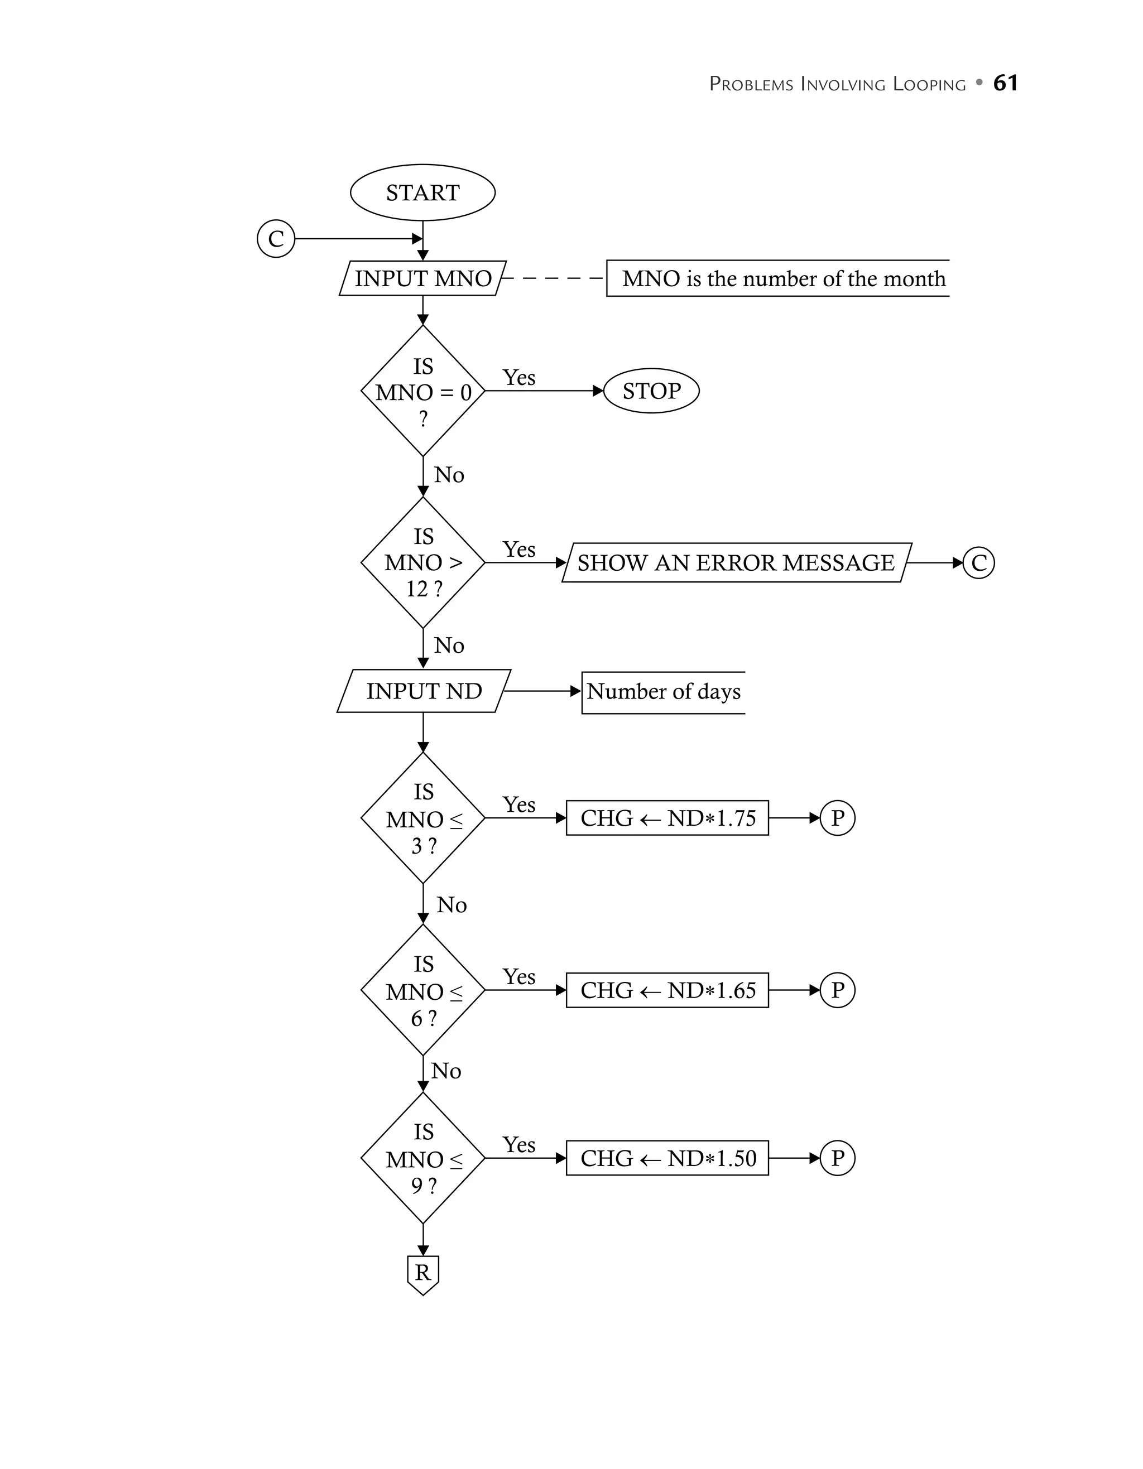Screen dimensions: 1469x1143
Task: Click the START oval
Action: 422,192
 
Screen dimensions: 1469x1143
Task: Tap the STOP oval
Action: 651,391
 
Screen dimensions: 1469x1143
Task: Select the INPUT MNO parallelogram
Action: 422,278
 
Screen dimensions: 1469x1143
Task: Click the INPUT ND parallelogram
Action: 424,691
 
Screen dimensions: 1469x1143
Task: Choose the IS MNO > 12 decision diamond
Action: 422,562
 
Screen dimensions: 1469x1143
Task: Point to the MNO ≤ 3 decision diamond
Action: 422,818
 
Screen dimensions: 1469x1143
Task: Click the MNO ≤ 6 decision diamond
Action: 422,990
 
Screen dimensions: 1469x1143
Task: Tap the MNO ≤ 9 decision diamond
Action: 422,1158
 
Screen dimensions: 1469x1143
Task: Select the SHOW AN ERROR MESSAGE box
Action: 736,562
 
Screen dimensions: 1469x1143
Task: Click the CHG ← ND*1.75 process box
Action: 667,818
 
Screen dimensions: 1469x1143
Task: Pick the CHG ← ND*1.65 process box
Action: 667,990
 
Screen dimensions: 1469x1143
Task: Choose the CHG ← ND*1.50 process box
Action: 667,1158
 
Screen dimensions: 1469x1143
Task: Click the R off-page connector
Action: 422,1273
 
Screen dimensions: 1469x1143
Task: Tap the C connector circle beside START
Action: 276,239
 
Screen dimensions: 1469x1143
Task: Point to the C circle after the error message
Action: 978,562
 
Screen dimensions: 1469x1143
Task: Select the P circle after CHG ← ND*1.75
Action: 837,818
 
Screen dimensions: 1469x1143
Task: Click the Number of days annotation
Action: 664,691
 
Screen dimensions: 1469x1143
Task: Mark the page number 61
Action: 1005,83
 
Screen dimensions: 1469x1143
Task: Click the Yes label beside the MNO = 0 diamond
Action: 518,377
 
